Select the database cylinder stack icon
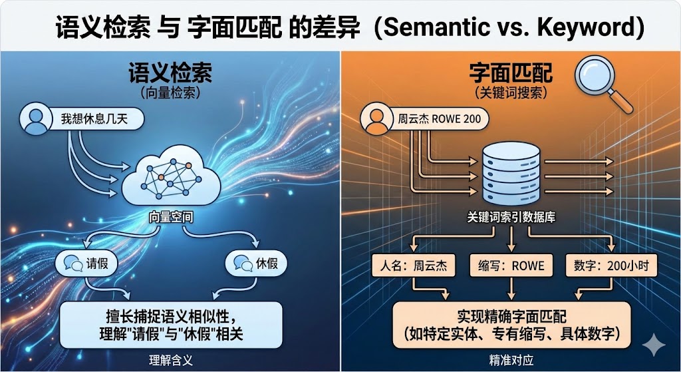[x=510, y=175]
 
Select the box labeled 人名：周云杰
[x=414, y=266]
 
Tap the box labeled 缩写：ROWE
[x=510, y=266]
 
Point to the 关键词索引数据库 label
[x=510, y=218]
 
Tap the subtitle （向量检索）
[x=170, y=94]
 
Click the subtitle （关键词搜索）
[x=510, y=94]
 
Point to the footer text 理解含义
[x=170, y=363]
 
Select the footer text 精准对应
[x=510, y=363]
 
